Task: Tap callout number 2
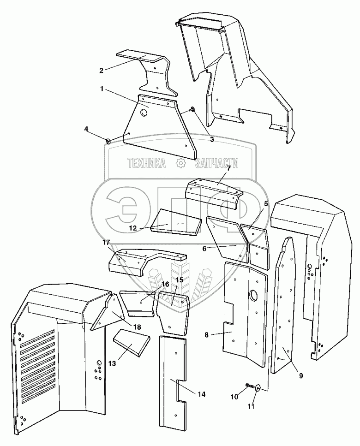tap(101, 70)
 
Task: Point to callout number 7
tap(228, 167)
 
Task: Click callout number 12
tap(132, 227)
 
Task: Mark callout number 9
tap(300, 375)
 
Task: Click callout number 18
tap(137, 327)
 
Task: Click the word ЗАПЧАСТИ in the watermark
tap(217, 163)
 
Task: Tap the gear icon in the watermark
tap(180, 163)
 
